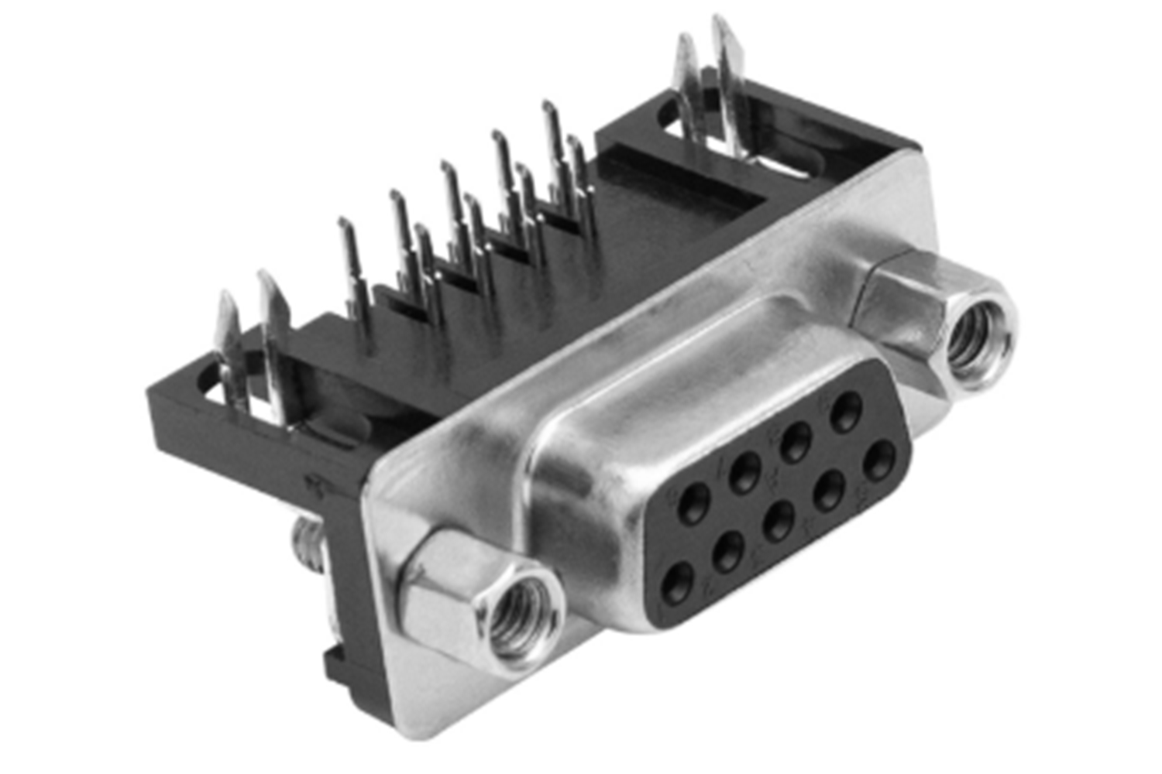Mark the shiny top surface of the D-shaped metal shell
(x=697, y=348)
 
